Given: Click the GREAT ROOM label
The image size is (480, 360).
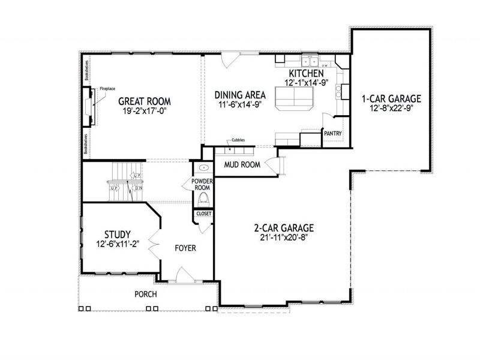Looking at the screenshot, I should pos(145,101).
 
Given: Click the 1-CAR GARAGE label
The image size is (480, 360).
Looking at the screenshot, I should pos(391,98).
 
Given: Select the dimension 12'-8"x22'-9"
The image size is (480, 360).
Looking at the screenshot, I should pos(391,109).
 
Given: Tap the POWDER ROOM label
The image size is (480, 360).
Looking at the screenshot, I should pos(202,184).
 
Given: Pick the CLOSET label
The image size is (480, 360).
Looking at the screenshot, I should pos(202,213).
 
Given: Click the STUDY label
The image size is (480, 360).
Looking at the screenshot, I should pos(118,233).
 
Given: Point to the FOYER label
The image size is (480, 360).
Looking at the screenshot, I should pos(185,247).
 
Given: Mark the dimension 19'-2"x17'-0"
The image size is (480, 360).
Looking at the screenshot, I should pos(145,111).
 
